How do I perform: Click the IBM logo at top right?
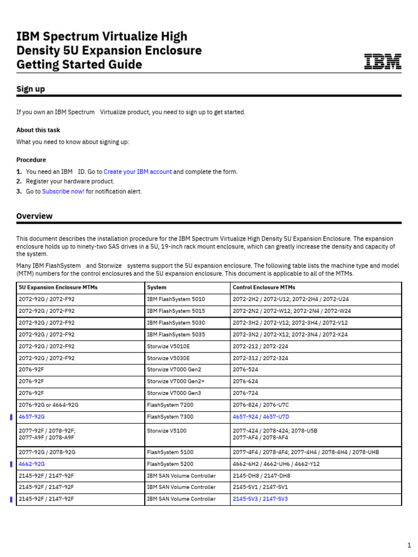pos(383,61)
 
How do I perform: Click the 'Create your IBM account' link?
pos(137,172)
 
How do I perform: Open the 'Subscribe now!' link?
pos(63,191)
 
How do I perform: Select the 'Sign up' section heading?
pos(30,89)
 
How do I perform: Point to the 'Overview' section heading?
pos(34,216)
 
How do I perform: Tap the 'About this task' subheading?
pos(38,130)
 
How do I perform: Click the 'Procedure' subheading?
pos(31,160)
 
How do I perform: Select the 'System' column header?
pos(157,287)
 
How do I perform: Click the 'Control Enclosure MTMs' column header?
pos(264,287)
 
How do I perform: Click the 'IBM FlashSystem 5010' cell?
pos(176,299)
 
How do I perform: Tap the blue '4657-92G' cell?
pos(32,417)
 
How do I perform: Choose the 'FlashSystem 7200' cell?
pos(170,405)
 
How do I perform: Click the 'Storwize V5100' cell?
pos(166,430)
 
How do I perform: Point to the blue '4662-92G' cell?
pos(32,464)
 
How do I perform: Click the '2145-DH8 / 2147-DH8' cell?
pos(261,475)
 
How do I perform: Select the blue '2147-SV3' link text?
pos(275,499)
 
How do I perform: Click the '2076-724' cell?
pos(245,393)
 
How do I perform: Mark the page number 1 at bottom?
pos(409,545)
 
